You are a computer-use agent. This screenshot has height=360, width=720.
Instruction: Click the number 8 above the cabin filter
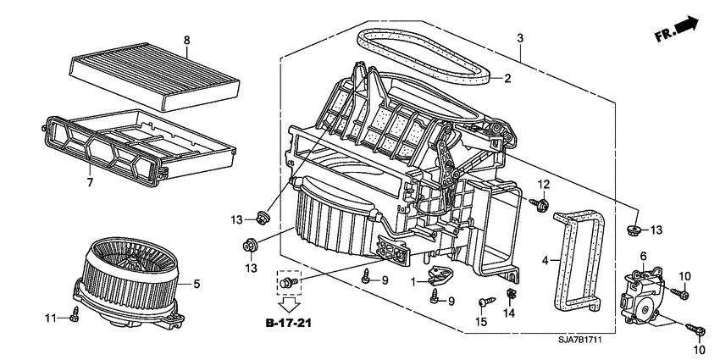click(187, 40)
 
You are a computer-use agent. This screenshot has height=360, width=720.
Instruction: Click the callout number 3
click(519, 38)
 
